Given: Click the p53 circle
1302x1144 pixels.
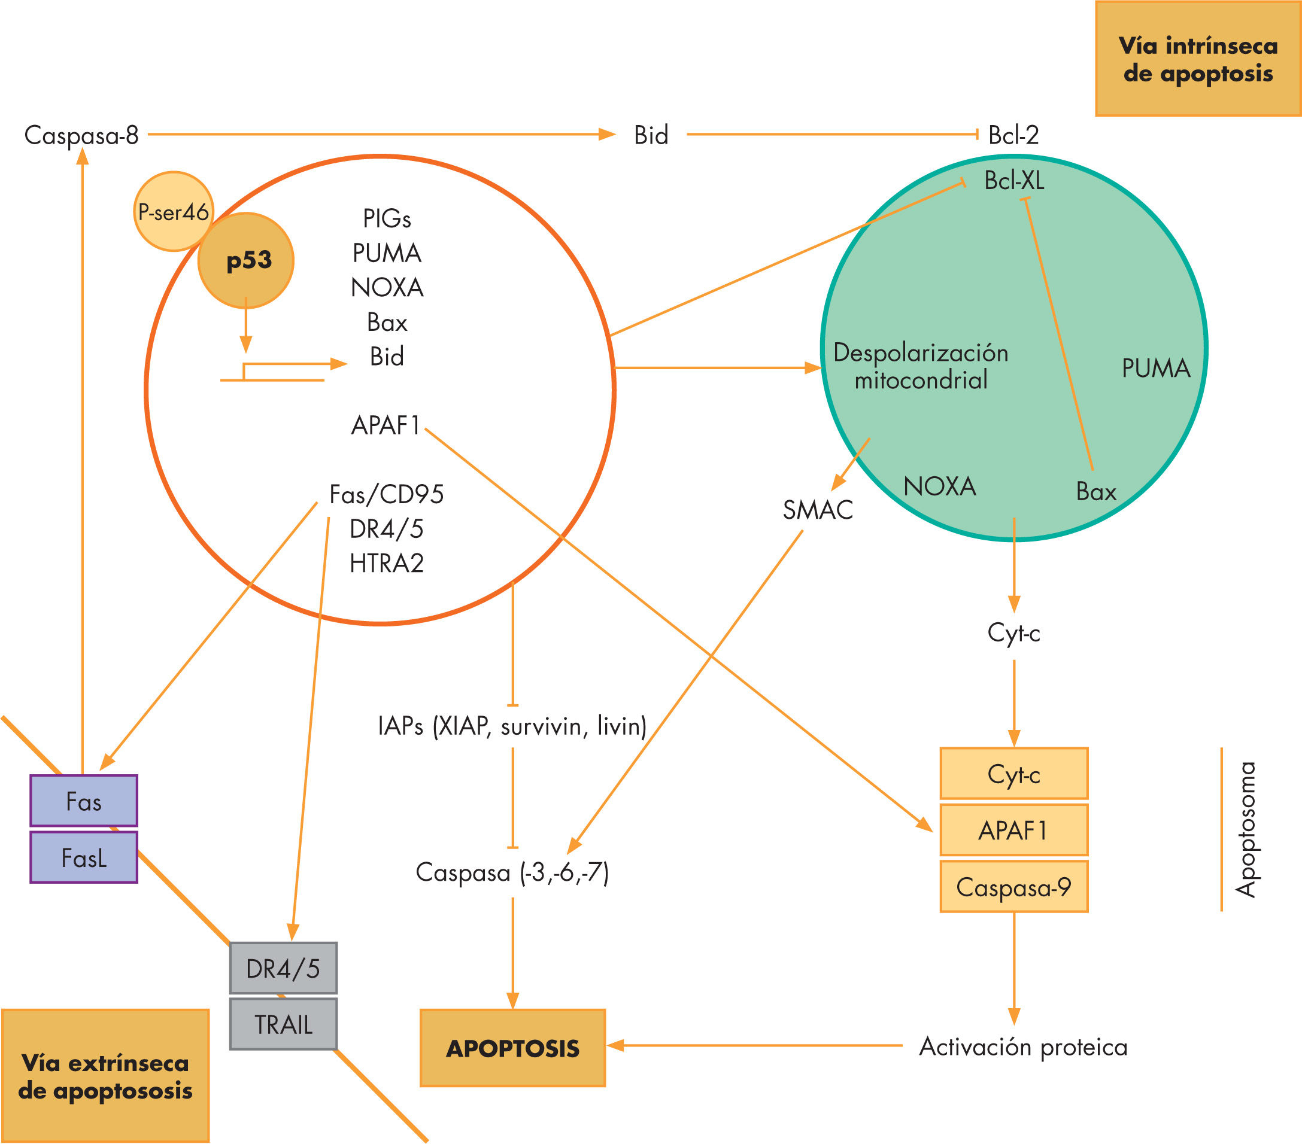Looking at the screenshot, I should (x=246, y=260).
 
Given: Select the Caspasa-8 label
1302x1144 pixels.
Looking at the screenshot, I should (x=81, y=135).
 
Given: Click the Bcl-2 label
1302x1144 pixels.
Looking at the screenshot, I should (x=1013, y=135).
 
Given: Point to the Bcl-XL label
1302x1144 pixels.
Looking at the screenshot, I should (x=1014, y=181).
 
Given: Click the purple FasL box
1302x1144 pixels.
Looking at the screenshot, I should (x=83, y=857).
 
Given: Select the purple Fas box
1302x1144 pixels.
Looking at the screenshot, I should (x=83, y=801).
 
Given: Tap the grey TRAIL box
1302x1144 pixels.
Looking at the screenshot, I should (x=284, y=1024).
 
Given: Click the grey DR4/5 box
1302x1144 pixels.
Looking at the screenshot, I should (x=284, y=968).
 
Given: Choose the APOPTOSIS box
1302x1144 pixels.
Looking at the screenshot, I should (x=513, y=1048).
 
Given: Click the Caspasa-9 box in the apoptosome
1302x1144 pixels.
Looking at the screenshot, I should (x=1013, y=887).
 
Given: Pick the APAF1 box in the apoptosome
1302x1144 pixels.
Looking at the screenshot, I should (x=1013, y=830).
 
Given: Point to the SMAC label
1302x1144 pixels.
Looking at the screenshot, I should (x=818, y=510).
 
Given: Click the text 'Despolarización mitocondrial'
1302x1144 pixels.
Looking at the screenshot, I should (x=921, y=366).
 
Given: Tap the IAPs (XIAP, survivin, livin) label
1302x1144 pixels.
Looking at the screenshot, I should (x=512, y=726).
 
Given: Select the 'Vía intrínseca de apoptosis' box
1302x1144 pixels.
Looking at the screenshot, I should (x=1197, y=59).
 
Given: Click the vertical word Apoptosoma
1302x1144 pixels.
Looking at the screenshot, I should (x=1246, y=829).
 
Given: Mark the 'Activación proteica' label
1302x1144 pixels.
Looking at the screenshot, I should (x=1023, y=1047).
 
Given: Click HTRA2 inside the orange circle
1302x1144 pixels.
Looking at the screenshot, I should (x=387, y=564).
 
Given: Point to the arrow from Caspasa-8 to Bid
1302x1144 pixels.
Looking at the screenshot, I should (x=382, y=135).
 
